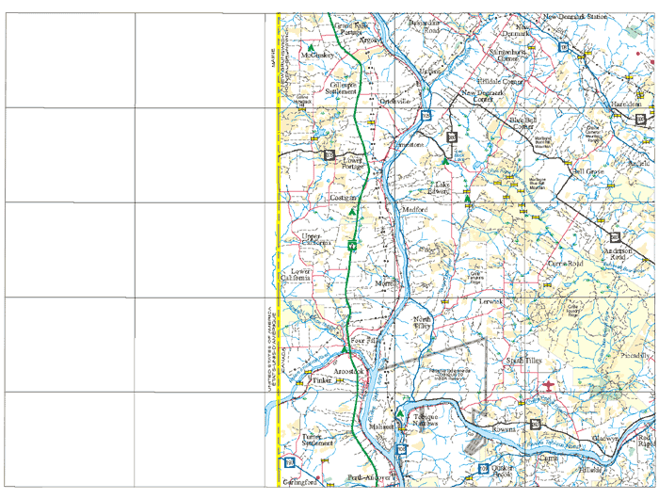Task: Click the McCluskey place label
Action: pos(317,56)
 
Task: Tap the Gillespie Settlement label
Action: pos(342,89)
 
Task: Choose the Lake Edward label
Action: pos(441,187)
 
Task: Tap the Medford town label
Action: pos(414,210)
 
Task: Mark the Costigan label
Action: pos(343,199)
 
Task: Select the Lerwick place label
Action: pos(492,301)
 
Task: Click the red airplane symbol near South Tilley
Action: pos(549,386)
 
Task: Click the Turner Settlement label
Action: pos(318,441)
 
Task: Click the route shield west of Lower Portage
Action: pos(329,153)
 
